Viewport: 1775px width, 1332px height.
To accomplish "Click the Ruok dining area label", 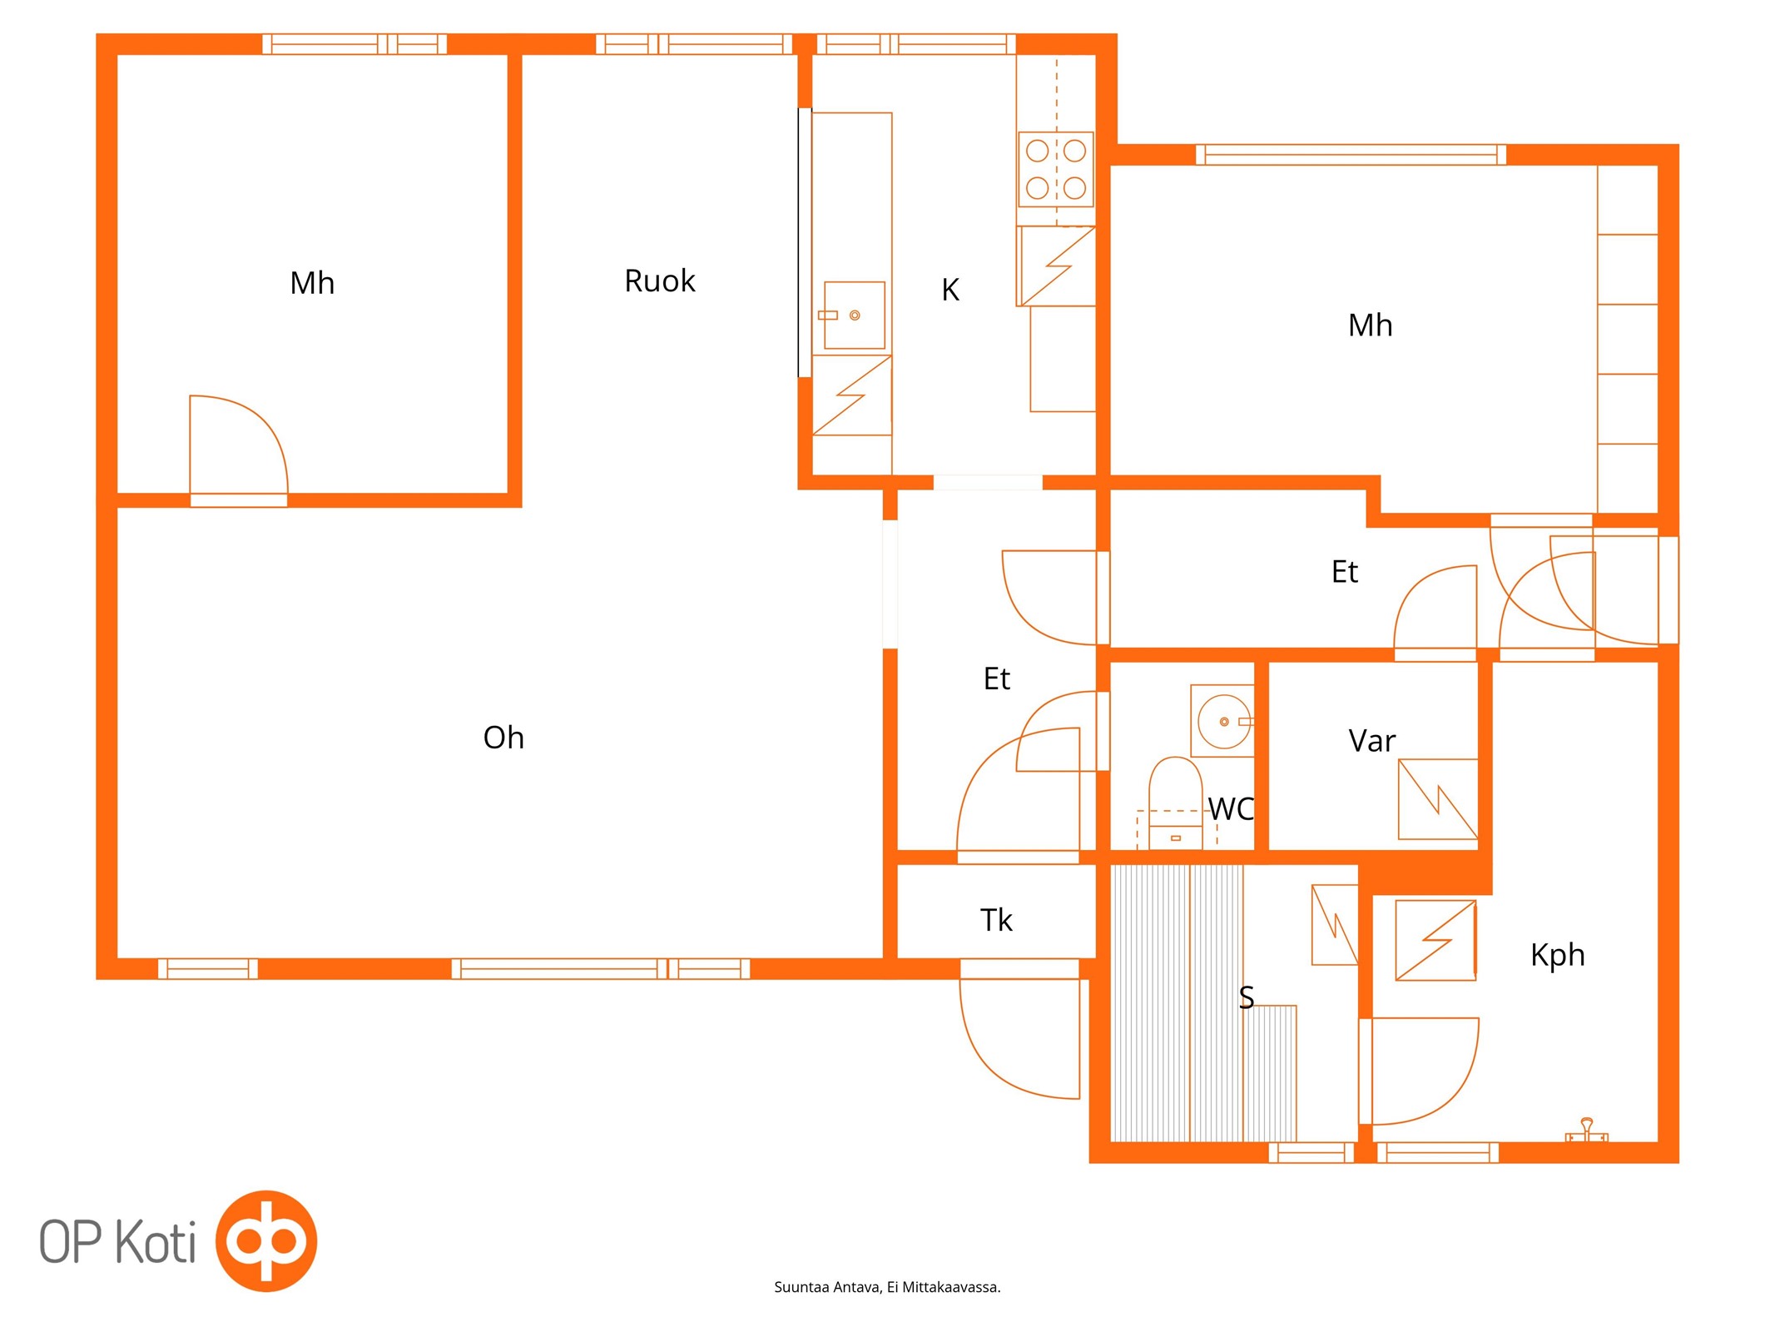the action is coord(659,281).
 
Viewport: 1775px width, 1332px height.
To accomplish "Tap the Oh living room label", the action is coord(503,737).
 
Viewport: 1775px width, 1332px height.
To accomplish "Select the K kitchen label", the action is coord(950,290).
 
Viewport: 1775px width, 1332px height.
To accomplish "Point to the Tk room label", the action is coord(996,920).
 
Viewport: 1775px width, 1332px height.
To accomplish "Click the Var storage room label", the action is coord(1371,740).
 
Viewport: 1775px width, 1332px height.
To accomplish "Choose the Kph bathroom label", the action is coord(1557,955).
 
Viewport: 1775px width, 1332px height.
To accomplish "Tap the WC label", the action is coord(1231,808).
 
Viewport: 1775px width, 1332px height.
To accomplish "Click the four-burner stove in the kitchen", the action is coord(1056,169).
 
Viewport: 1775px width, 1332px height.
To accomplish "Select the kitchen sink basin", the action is coord(854,315).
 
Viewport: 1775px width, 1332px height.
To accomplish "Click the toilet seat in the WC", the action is coord(1175,791).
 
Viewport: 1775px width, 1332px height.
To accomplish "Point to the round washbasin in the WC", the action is coord(1223,721).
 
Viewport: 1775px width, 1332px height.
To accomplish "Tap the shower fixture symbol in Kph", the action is coord(1586,1131).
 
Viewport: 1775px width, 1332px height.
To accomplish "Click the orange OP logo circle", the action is coord(266,1240).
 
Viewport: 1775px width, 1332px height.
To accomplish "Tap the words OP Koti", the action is coord(117,1241).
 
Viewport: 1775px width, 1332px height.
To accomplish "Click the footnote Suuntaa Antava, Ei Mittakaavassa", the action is coord(887,1287).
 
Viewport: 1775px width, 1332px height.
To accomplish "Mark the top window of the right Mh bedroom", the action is coord(1351,154).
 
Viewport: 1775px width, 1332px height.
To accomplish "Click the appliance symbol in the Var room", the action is coord(1437,799).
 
